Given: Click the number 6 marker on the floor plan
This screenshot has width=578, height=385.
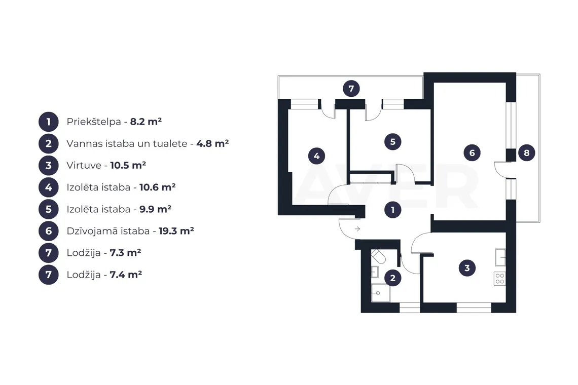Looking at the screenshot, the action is (x=472, y=152).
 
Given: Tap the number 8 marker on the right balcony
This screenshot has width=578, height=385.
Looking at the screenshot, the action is (x=526, y=152).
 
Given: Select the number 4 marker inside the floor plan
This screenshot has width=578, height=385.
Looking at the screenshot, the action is (x=317, y=156).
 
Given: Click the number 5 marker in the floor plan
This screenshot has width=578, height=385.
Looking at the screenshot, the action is (x=392, y=141).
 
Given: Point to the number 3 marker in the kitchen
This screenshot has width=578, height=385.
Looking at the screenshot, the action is (x=467, y=268).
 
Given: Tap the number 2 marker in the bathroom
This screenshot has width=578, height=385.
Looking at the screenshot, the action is (x=392, y=278).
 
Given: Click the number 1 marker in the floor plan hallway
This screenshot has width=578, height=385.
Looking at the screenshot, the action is (x=392, y=210).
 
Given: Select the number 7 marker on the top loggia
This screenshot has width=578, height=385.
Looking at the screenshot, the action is (x=351, y=89).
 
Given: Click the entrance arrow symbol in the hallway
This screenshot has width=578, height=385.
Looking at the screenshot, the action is (x=357, y=229).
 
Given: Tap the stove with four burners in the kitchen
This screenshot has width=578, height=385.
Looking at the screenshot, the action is (x=500, y=279).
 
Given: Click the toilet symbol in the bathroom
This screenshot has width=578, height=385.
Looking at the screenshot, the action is (x=378, y=256).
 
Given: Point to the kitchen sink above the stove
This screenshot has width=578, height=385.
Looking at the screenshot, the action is (x=500, y=257).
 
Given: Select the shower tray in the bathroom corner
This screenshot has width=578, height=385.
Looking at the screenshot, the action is (x=380, y=293).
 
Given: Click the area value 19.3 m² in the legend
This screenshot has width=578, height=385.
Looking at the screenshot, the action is (x=176, y=231).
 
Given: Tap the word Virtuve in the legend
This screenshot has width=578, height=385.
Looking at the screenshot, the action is (x=84, y=165).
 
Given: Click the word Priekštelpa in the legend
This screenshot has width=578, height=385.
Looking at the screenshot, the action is (x=94, y=122).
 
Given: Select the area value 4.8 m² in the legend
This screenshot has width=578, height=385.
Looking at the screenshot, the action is (x=212, y=143).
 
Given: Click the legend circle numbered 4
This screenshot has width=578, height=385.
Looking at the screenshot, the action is (x=49, y=187).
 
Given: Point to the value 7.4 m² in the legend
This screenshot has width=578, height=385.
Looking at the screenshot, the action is (x=126, y=275).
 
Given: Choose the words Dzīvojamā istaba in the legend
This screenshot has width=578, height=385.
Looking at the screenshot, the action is (x=108, y=231).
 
